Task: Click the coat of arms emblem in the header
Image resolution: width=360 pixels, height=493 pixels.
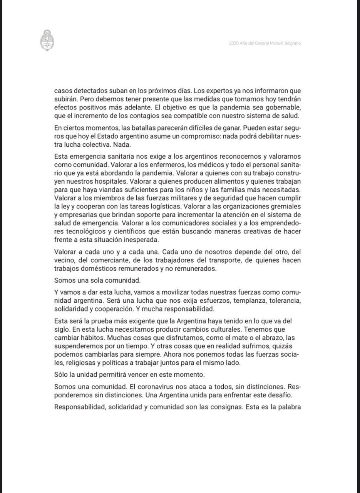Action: (x=47, y=40)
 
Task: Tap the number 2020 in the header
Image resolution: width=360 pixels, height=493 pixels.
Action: (x=234, y=43)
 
